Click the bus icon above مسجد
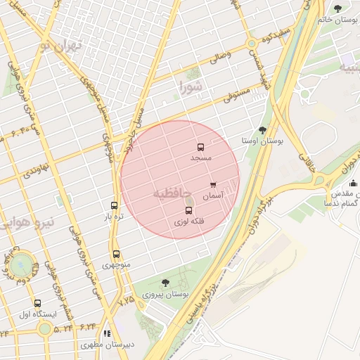200,148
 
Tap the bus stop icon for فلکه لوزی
188,210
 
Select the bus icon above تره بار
115,206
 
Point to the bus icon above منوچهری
116,255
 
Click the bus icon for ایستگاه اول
37,304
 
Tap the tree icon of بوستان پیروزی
165,283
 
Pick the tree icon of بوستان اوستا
262,130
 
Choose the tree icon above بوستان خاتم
338,9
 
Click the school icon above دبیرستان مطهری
107,334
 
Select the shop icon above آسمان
213,186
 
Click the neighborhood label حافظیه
171,193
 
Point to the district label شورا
190,89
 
